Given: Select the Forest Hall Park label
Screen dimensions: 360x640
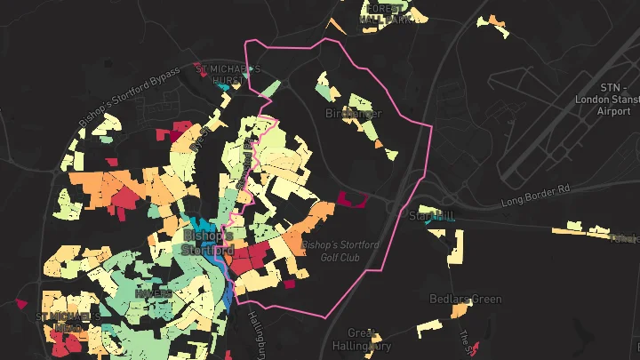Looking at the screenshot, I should click(x=386, y=12).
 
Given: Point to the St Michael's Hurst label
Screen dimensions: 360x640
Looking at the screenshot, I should click(x=228, y=73).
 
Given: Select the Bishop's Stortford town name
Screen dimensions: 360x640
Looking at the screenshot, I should click(x=206, y=243).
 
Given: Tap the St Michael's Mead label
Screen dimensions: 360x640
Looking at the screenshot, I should click(x=67, y=322).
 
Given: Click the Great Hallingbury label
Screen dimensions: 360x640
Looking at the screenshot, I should click(x=356, y=340).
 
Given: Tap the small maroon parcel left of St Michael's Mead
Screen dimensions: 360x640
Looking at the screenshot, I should click(x=21, y=304).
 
